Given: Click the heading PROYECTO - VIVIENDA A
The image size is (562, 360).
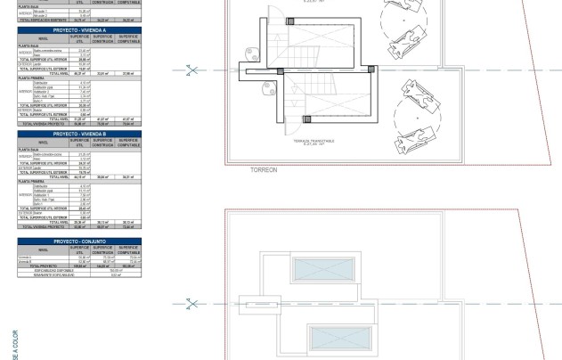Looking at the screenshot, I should (79, 30).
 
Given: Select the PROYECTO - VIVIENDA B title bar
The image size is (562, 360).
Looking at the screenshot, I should (79, 133).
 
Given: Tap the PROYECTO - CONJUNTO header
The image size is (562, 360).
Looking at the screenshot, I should (79, 241).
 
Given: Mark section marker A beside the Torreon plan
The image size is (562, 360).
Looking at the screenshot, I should (189, 69).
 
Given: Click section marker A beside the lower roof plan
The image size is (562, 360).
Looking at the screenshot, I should (189, 304).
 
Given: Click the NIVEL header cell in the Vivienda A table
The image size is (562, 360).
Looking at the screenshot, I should (44, 38).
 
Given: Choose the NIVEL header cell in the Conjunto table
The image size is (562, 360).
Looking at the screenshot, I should (44, 249).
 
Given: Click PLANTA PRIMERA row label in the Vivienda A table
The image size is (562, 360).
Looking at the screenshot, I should (32, 78).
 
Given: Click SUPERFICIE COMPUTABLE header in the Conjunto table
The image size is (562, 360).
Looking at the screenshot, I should (129, 249).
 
